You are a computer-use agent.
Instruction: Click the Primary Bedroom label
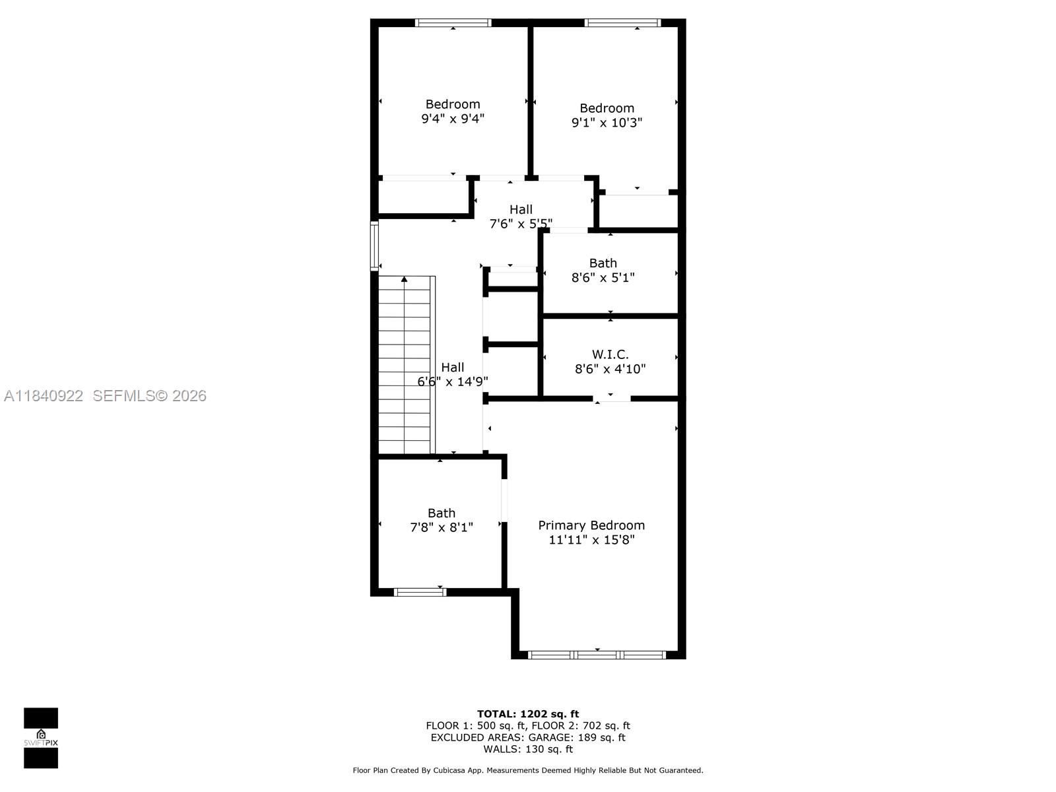591,525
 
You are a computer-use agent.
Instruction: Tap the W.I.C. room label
610,354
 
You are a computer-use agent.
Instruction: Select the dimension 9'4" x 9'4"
453,119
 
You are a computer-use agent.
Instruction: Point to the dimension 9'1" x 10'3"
607,123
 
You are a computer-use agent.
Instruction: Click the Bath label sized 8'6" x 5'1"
603,263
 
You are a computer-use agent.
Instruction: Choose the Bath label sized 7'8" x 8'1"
441,513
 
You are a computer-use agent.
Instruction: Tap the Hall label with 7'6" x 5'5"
521,209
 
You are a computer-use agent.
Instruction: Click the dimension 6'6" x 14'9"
453,381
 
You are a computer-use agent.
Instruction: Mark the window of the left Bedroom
453,23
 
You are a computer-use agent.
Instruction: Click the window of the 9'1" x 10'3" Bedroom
622,23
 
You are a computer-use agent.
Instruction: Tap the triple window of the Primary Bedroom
597,655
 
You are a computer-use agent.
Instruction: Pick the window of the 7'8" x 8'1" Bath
420,592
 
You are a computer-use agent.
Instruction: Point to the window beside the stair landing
374,246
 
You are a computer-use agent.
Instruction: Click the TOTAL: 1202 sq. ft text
527,713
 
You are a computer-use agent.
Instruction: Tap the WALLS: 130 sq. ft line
527,749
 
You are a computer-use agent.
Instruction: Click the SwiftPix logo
41,738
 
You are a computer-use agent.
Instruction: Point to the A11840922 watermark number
44,396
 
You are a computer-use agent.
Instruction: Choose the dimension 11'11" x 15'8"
591,540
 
